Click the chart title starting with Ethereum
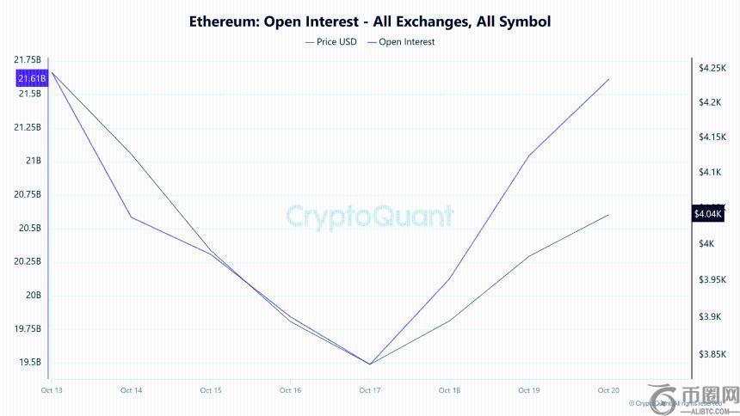[370, 21]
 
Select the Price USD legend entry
[330, 41]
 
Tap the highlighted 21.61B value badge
[31, 78]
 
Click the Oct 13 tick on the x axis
[52, 390]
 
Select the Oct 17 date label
[370, 390]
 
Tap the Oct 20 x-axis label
[608, 390]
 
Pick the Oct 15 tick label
[211, 390]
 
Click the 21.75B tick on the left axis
[27, 59]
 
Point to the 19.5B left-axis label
[29, 362]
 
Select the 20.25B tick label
[27, 261]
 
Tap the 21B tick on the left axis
[34, 161]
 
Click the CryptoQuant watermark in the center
[370, 215]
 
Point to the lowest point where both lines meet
[370, 364]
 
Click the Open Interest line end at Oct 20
[608, 79]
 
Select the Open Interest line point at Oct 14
[131, 216]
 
